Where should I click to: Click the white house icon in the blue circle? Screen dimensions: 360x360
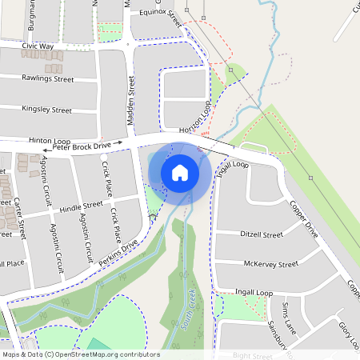[x=179, y=172]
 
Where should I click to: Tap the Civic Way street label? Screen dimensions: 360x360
[x=38, y=47]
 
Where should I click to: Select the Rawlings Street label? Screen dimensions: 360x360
[x=48, y=79]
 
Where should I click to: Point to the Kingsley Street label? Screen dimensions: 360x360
[x=47, y=109]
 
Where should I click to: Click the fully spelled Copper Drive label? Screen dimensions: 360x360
[x=304, y=221]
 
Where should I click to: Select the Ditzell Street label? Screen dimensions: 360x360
[x=261, y=235]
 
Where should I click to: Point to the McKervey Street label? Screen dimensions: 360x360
[x=270, y=264]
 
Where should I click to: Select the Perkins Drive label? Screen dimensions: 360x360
[x=118, y=254]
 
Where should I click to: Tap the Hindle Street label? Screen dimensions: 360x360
[x=81, y=205]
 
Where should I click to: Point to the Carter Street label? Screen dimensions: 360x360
[x=20, y=217]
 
